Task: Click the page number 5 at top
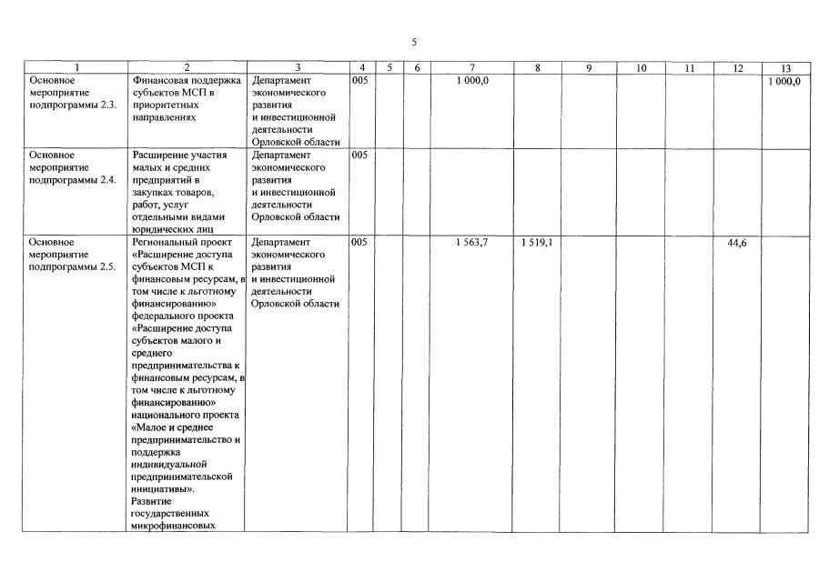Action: [x=413, y=42]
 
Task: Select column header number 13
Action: [x=784, y=67]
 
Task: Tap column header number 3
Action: [x=298, y=67]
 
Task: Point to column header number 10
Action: [x=641, y=67]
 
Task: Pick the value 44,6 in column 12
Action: [x=737, y=244]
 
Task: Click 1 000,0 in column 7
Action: [x=472, y=80]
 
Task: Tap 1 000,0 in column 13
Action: [x=784, y=80]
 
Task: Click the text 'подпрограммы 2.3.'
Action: [x=72, y=105]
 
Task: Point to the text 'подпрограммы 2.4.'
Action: [x=72, y=180]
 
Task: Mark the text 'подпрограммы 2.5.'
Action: [x=72, y=268]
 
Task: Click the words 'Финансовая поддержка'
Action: [x=187, y=80]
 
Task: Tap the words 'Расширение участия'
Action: [x=180, y=155]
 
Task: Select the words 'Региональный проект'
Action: [x=182, y=244]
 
